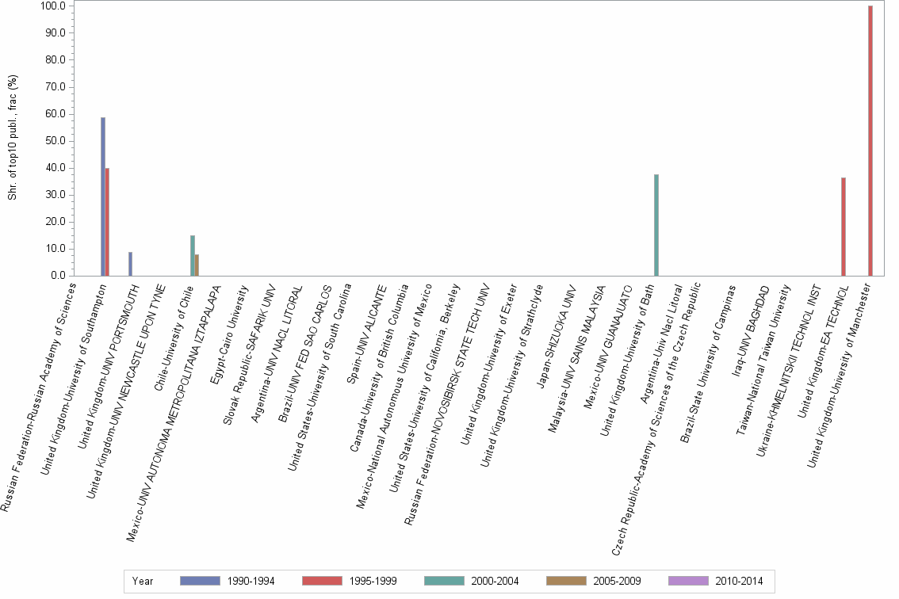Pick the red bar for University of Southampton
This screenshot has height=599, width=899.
[108, 222]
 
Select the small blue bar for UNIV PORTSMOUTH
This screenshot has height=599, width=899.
[130, 264]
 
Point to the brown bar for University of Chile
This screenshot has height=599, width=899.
[197, 265]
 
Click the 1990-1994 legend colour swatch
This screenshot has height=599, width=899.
[200, 581]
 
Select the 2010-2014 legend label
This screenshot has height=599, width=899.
[738, 581]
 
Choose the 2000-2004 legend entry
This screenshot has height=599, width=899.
[494, 581]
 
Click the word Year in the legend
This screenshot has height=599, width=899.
[143, 581]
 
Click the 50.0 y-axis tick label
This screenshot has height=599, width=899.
[54, 141]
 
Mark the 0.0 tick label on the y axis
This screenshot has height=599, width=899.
[56, 276]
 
